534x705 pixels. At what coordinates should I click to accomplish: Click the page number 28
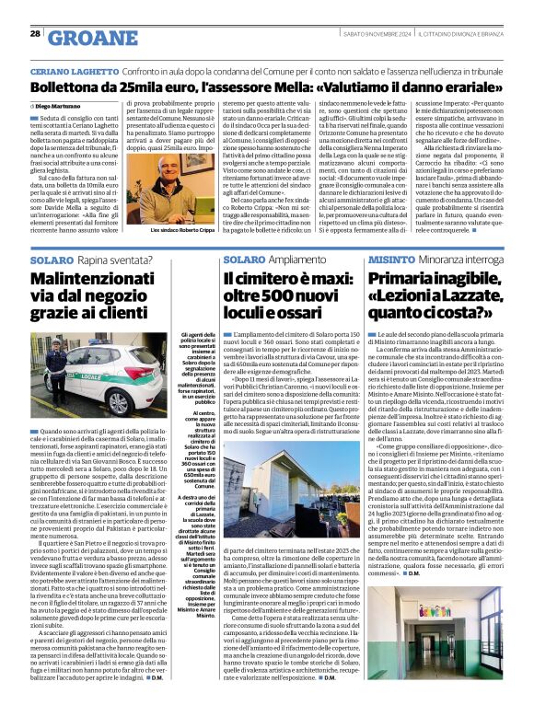pyautogui.click(x=35, y=33)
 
